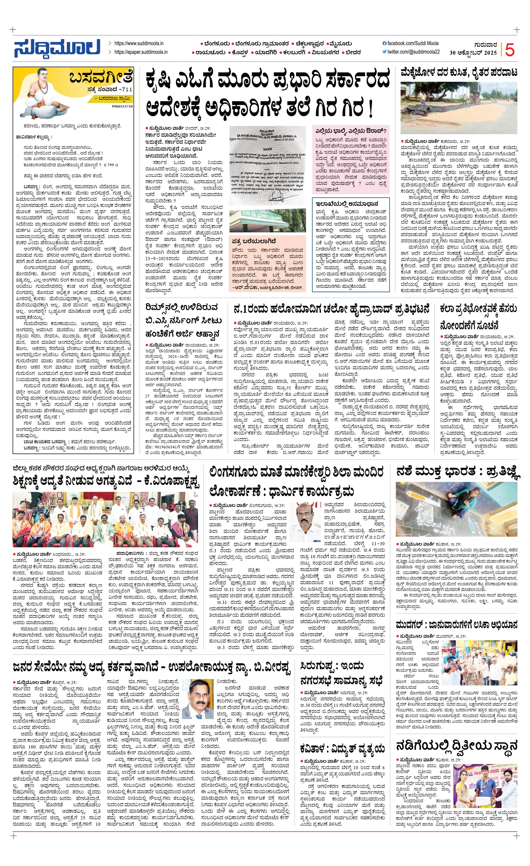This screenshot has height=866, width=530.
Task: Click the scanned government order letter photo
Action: pyautogui.click(x=267, y=165)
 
